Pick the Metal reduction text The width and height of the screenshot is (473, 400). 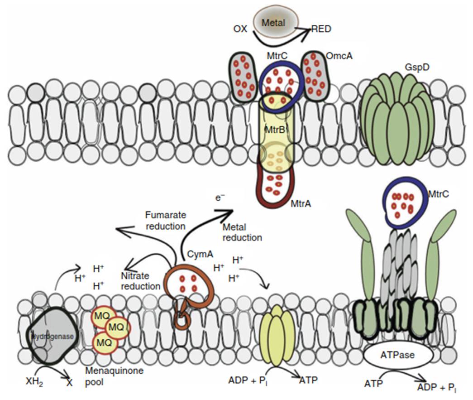tap(242, 232)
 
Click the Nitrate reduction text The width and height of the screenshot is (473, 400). tap(141, 281)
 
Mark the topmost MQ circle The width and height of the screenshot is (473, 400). tap(102, 314)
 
